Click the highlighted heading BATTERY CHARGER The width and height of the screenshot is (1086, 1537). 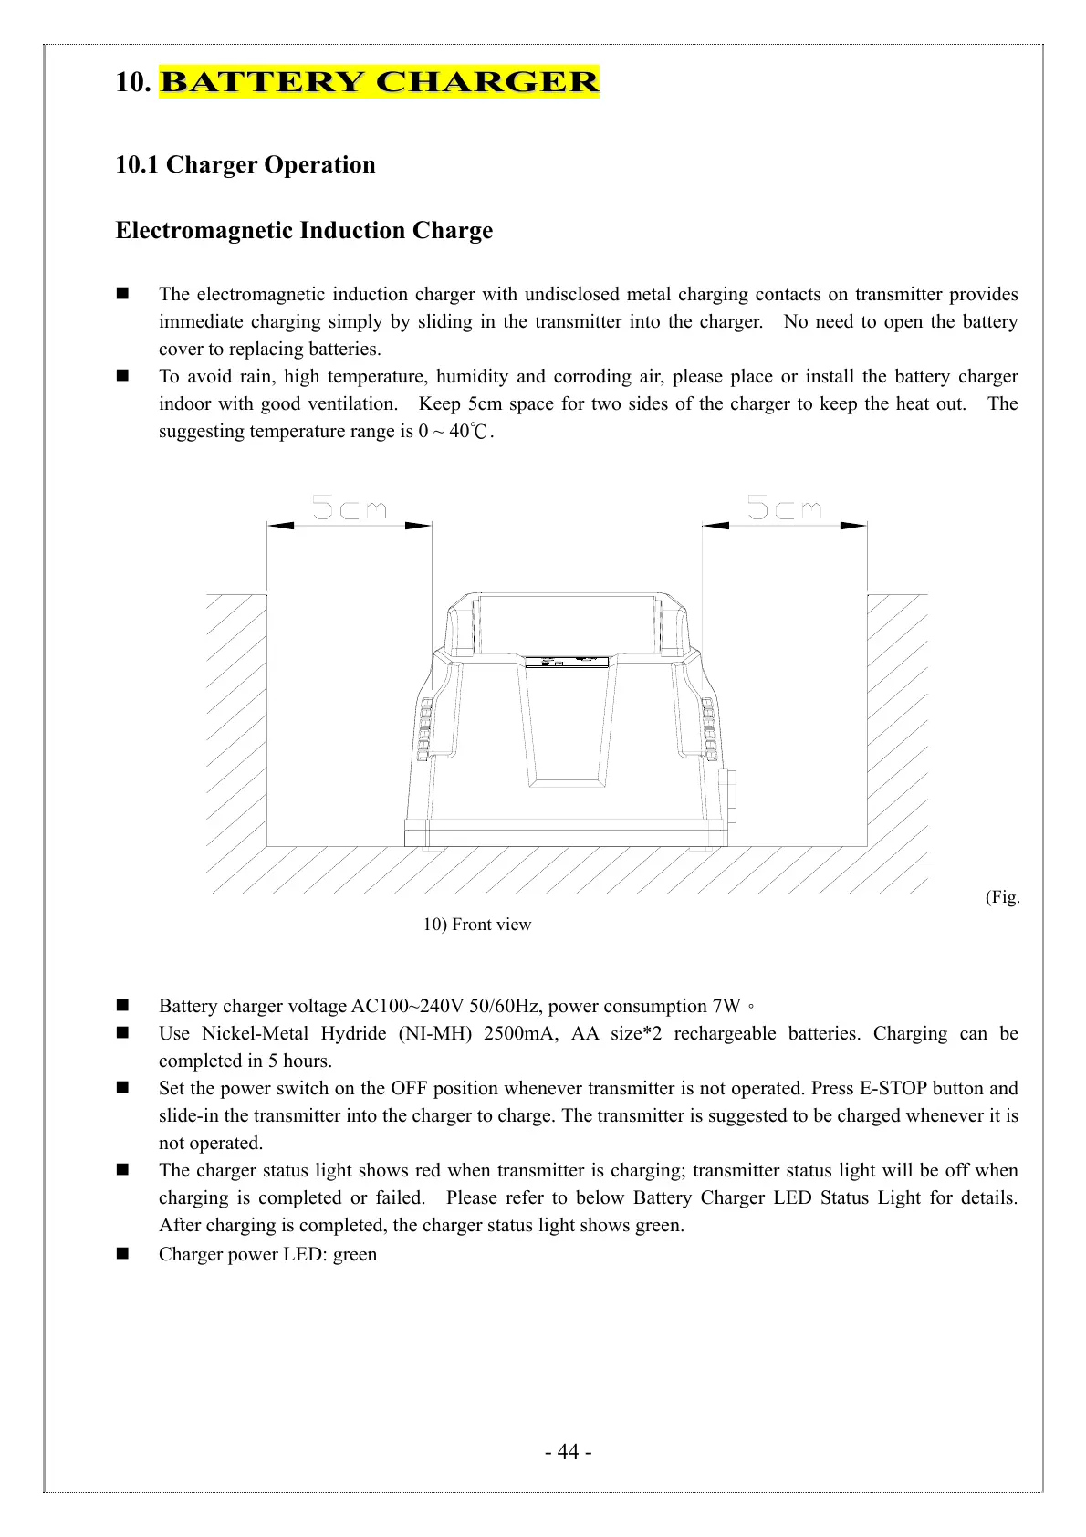click(379, 82)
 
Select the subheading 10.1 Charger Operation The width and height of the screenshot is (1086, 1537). click(245, 165)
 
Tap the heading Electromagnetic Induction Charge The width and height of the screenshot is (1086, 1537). click(304, 231)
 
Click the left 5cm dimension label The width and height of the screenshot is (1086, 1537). click(350, 507)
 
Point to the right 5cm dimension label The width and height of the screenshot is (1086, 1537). click(785, 507)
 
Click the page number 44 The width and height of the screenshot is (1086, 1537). click(568, 1451)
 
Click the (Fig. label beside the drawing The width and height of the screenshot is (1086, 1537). click(1002, 897)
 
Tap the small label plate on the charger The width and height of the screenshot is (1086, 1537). click(567, 661)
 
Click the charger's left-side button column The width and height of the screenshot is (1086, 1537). click(423, 729)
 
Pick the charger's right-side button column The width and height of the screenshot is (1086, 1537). click(710, 729)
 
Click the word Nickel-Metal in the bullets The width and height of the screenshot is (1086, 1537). click(256, 1034)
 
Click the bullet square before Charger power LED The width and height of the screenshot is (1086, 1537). click(122, 1254)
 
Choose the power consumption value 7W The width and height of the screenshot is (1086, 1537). click(726, 1007)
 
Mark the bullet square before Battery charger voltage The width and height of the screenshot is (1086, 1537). click(122, 1006)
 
